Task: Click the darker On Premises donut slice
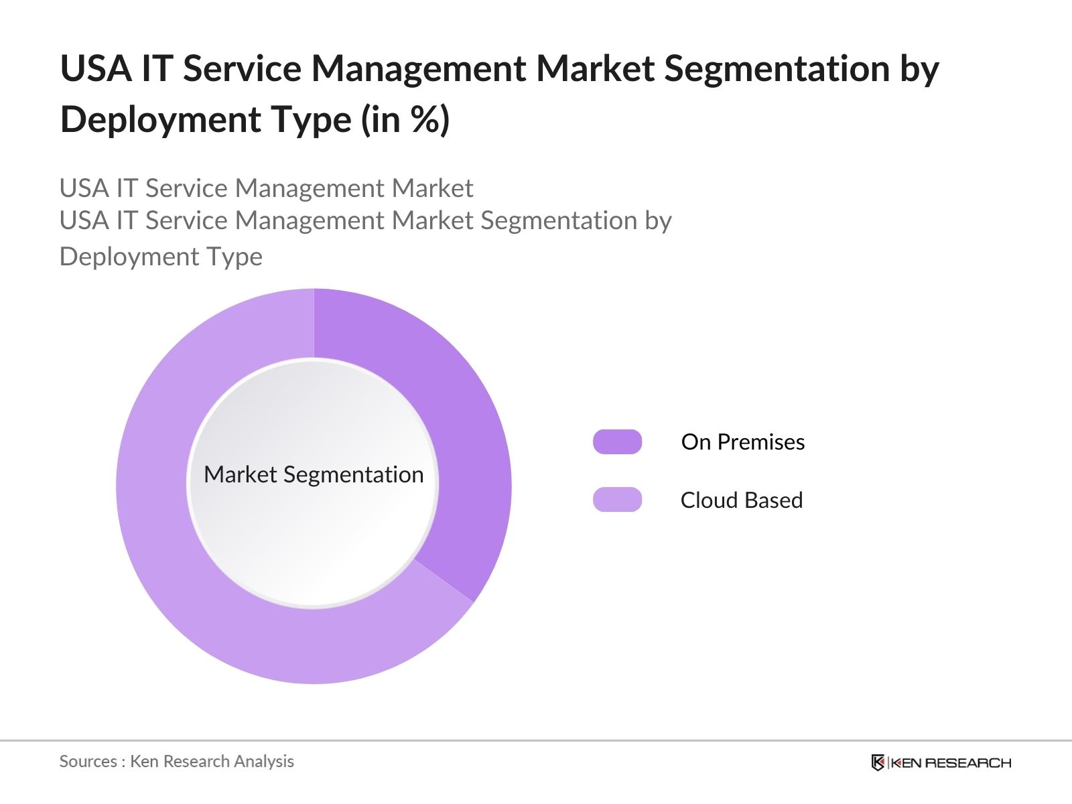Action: [x=462, y=435]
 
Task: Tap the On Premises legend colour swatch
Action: [x=617, y=442]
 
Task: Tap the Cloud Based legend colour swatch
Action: [x=617, y=500]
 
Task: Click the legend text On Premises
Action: [x=742, y=442]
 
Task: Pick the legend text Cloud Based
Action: [x=741, y=500]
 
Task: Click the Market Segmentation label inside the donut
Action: [x=314, y=474]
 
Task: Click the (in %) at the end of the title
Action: [x=405, y=120]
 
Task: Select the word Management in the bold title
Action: [x=418, y=68]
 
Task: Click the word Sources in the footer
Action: [x=88, y=761]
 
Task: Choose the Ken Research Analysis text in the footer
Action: [x=212, y=761]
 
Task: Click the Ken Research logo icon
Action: [x=878, y=762]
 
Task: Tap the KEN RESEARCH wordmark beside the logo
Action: [x=950, y=762]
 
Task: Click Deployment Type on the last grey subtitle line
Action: [x=161, y=257]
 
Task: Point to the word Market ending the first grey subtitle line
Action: [x=432, y=188]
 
